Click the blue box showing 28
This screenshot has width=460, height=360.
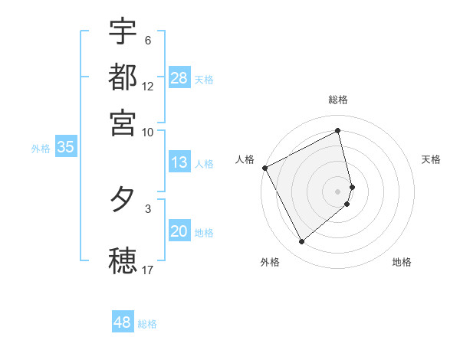coord(179,78)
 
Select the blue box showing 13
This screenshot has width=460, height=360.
coord(179,163)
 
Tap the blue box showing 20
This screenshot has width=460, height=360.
coord(179,232)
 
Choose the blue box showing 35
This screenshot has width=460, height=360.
coord(65,148)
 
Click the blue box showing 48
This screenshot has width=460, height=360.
coord(123,322)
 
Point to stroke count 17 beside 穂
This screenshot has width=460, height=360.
coord(148,270)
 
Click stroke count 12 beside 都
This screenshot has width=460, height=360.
coord(148,86)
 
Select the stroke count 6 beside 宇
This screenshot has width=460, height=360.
coord(148,41)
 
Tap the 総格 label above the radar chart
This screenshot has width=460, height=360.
coord(338,100)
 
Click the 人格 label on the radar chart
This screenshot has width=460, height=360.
coord(245,159)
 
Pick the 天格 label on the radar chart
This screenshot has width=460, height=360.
coord(431,159)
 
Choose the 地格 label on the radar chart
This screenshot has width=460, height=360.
coord(402,262)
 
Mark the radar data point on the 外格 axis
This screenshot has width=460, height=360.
coord(301,242)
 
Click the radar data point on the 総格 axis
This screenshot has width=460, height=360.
coord(338,130)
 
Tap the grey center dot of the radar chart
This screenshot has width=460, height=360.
coord(338,191)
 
